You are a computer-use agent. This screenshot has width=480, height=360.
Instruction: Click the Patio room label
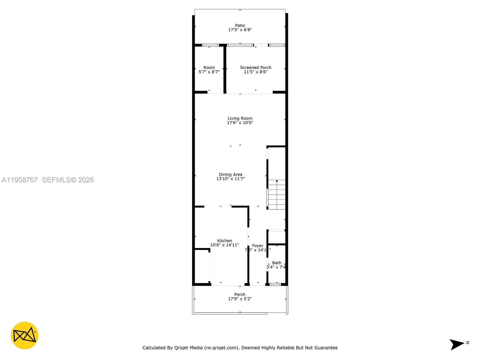[240, 25]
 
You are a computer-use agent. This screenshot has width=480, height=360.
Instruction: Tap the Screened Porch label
[256, 67]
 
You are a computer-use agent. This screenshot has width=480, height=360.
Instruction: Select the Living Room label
[240, 118]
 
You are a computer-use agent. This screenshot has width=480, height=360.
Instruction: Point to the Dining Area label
[230, 174]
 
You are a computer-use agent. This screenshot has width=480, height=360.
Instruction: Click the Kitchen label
[225, 241]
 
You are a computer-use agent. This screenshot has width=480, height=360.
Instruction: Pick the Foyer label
[258, 245]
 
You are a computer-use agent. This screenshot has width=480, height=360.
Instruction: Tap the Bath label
[277, 263]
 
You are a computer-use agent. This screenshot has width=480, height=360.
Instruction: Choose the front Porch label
[240, 294]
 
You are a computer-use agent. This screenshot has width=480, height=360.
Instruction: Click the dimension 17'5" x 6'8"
[240, 30]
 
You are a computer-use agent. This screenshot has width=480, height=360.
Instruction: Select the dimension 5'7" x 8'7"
[209, 72]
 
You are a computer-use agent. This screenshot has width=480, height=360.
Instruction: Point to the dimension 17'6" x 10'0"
[240, 123]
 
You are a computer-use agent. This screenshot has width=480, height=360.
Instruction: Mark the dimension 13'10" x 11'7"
[230, 179]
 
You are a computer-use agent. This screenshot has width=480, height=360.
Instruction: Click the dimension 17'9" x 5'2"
[240, 299]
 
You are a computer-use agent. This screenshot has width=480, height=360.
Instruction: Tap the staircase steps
[277, 194]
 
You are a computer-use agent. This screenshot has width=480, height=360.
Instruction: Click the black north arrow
[457, 344]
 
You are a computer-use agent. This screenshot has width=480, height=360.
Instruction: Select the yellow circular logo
[25, 335]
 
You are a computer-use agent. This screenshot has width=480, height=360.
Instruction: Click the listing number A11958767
[20, 180]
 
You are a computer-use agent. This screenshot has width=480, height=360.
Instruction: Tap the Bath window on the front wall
[275, 284]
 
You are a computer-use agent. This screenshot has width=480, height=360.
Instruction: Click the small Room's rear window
[210, 45]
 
